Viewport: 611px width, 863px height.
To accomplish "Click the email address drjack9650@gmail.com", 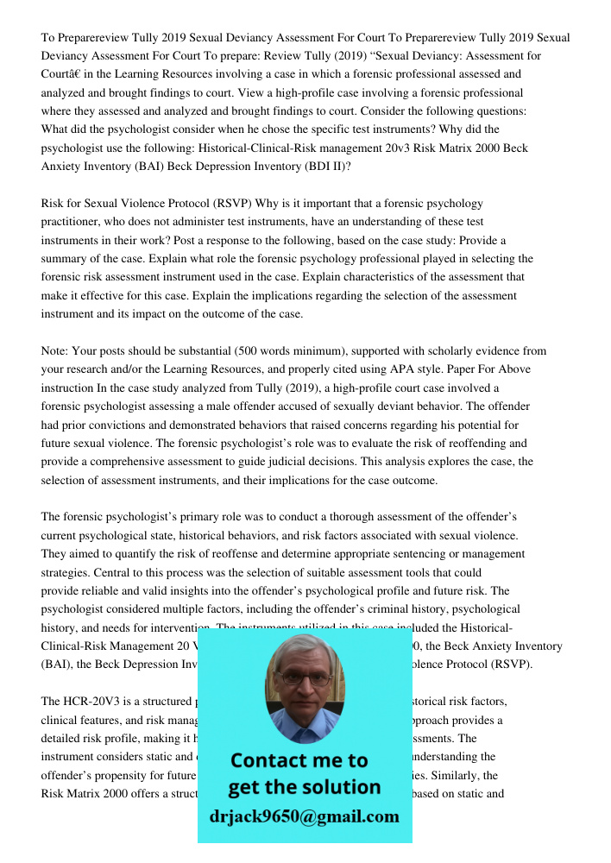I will pyautogui.click(x=304, y=816).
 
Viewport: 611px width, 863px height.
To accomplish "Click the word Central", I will pyautogui.click(x=60, y=572).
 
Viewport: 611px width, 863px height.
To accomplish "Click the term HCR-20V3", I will pyautogui.click(x=91, y=701).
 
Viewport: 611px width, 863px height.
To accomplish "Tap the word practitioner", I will pyautogui.click(x=73, y=222).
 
